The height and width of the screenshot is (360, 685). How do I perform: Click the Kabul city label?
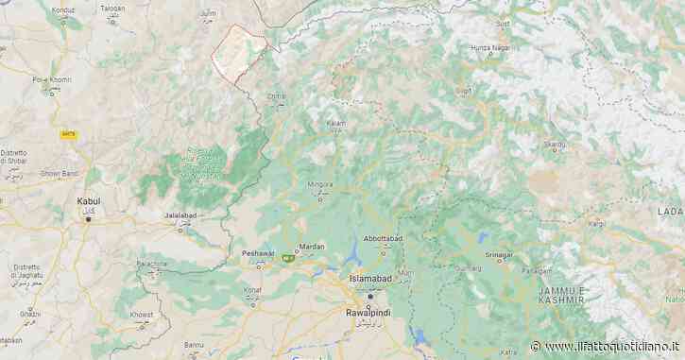[89, 201]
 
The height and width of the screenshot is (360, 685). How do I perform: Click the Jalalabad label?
[179, 216]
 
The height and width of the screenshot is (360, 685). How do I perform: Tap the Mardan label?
[312, 247]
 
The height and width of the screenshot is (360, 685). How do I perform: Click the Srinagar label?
[498, 255]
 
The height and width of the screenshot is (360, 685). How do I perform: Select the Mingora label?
[321, 184]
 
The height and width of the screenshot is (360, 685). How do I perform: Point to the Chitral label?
[276, 95]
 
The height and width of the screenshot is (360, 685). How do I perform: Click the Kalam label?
[336, 124]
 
